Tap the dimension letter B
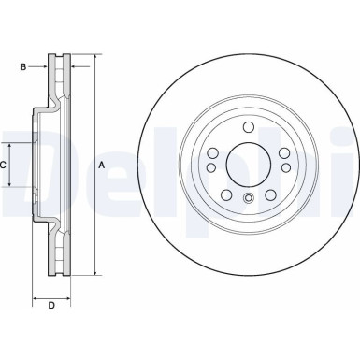coord(23,66)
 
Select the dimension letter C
coord(4,165)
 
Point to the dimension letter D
coord(51,305)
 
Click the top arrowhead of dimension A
coord(93,58)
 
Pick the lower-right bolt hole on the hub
coord(269,194)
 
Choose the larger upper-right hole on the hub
coord(281,153)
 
